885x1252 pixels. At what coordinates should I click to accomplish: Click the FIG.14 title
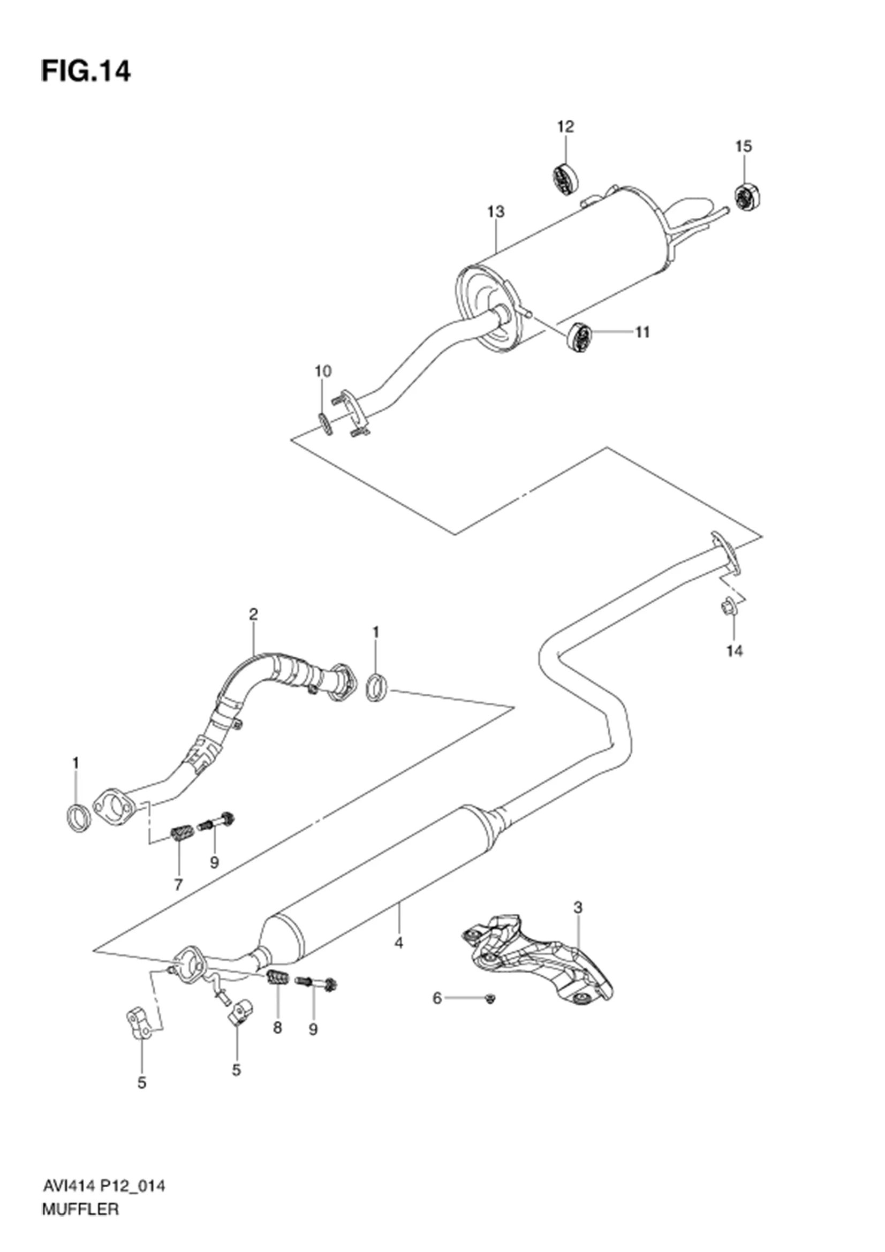tap(86, 71)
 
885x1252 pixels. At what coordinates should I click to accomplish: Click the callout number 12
tap(565, 126)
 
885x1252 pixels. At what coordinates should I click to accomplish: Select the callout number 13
tap(496, 211)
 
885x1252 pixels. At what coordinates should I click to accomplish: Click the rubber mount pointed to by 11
tap(580, 337)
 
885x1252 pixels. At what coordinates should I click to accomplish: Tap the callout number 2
tap(253, 614)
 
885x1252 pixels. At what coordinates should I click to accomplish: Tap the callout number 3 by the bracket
tap(578, 907)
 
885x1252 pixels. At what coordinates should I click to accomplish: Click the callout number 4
tap(399, 943)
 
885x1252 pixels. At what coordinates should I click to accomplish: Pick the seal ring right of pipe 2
tap(376, 688)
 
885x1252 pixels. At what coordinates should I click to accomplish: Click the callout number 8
tap(277, 1028)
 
